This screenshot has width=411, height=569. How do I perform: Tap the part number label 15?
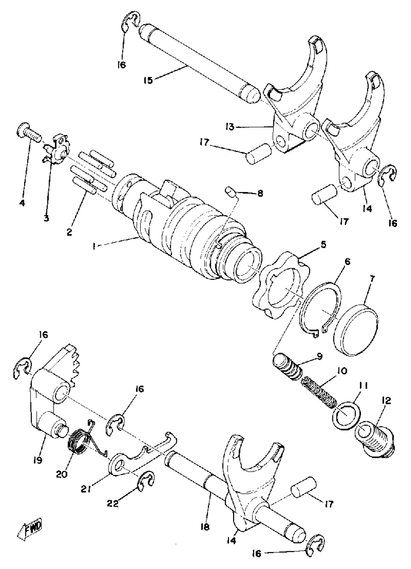pos(148,81)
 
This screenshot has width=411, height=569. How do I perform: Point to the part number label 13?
pos(230,127)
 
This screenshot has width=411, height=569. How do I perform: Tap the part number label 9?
pos(319,356)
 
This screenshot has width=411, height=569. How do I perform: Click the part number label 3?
pos(46,218)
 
